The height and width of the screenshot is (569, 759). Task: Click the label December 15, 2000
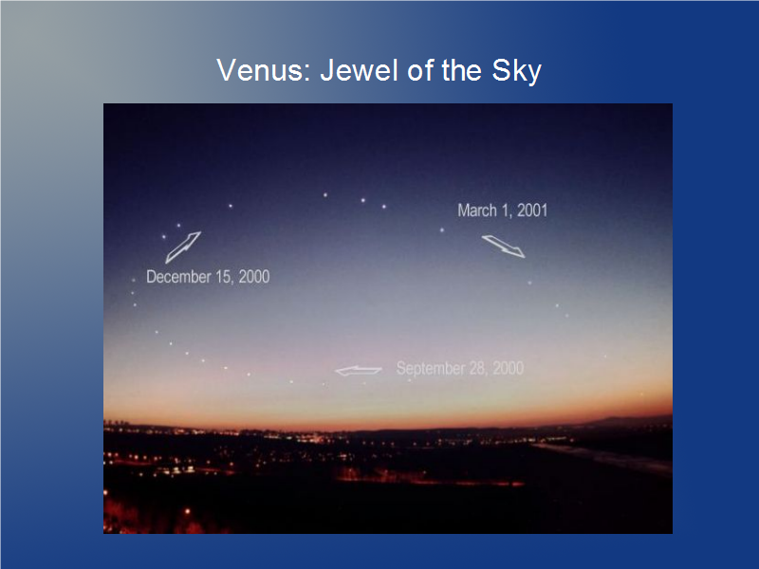click(x=208, y=277)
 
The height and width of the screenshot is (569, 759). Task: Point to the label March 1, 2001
click(x=503, y=211)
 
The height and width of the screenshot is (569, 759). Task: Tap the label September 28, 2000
click(x=460, y=368)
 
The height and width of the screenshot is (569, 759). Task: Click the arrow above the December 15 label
click(x=183, y=248)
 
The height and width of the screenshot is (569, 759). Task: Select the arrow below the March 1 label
click(x=504, y=247)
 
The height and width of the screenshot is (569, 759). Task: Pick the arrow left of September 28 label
click(x=359, y=371)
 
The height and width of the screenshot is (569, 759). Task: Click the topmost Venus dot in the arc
click(x=325, y=195)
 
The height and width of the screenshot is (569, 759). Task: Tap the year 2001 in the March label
click(x=532, y=211)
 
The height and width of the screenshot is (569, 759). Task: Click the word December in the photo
click(x=178, y=277)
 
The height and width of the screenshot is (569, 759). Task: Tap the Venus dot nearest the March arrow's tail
click(x=442, y=230)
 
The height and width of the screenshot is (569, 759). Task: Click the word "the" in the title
click(x=461, y=70)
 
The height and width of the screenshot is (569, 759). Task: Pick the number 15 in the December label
click(x=224, y=277)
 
